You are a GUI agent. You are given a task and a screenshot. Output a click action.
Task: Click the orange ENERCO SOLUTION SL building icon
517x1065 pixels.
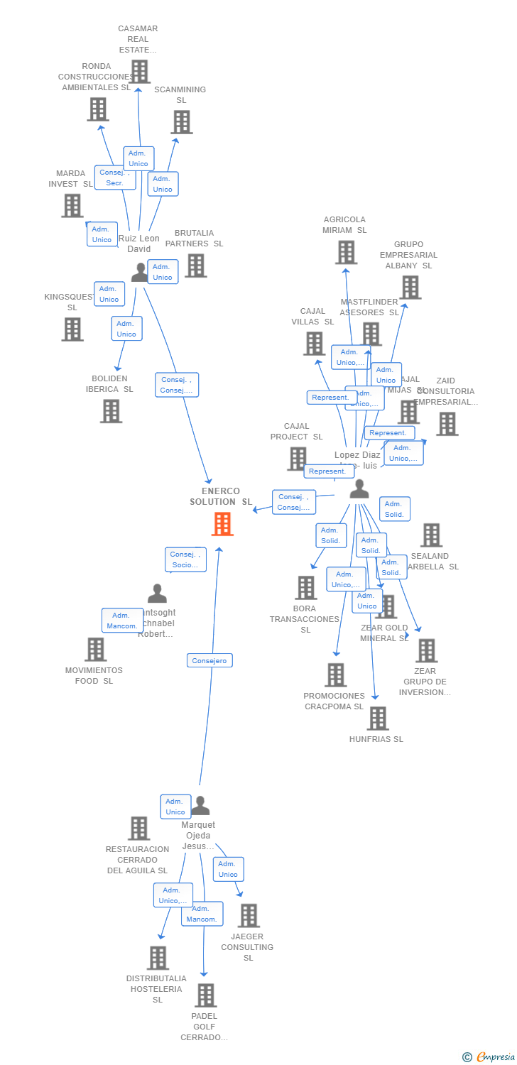coord(222,524)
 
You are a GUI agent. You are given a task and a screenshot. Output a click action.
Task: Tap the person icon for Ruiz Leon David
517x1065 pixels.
coord(140,272)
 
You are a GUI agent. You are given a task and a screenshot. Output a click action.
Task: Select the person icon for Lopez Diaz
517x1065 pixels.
coord(359,489)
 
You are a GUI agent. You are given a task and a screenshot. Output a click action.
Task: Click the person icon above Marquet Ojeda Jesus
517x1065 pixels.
coord(200,805)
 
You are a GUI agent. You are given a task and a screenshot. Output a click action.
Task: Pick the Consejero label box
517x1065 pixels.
coord(209,660)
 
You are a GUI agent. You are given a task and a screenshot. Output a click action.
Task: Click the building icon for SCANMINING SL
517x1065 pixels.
coord(181,122)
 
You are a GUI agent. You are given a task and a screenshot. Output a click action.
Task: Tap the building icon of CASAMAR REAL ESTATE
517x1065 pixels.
coord(139,71)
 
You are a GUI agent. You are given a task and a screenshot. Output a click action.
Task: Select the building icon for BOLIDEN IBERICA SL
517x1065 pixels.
coord(111,410)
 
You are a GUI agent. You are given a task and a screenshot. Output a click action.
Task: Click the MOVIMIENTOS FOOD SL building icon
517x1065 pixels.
coord(95,649)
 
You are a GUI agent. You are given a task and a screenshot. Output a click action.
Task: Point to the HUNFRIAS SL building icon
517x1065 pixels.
coord(378,718)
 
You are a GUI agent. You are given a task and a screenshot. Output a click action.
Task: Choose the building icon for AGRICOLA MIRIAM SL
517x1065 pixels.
coord(346,252)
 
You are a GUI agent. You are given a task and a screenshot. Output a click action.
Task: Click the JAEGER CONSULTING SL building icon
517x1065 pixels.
coord(249,915)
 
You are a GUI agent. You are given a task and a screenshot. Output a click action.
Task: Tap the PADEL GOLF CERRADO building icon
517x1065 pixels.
coord(205,995)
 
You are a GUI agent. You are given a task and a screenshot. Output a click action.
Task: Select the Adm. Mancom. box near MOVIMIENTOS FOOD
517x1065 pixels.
coord(123,621)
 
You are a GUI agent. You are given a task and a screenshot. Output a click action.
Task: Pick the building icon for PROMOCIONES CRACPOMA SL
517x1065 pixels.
coord(335,674)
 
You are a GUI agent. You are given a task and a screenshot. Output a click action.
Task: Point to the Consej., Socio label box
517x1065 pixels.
coord(185,559)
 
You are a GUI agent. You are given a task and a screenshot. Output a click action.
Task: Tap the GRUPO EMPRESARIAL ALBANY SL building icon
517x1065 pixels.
coord(410,288)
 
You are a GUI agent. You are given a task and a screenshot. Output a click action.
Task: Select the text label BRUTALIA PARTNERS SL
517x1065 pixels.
coord(194,238)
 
